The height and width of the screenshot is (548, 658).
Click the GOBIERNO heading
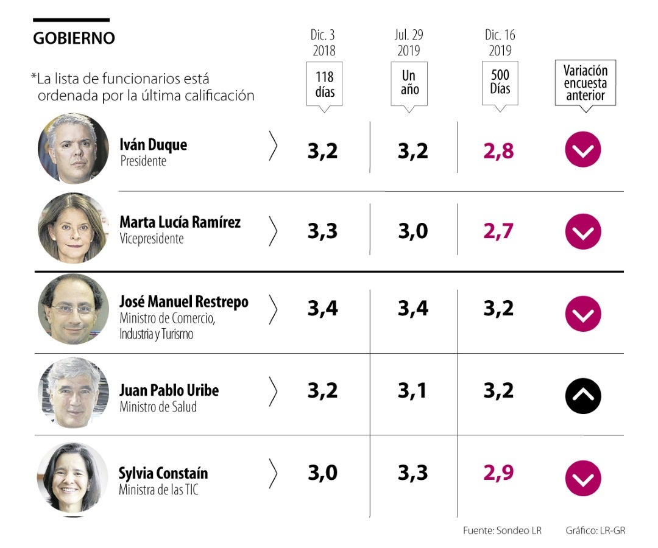click(74, 38)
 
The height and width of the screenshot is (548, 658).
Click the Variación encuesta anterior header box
click(585, 83)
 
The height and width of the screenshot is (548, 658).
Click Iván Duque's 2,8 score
click(498, 151)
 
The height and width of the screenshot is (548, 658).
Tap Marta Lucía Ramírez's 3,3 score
click(322, 231)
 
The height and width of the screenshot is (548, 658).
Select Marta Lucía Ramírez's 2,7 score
click(498, 231)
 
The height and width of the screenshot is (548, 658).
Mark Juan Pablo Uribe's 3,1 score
click(412, 391)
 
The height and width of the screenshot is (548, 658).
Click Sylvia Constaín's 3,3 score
click(412, 472)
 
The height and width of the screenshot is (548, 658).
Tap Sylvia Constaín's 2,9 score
click(498, 472)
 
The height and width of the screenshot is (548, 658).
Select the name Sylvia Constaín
click(163, 472)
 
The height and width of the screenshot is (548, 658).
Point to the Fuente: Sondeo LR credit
click(502, 530)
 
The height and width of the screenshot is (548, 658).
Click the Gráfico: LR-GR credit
click(595, 530)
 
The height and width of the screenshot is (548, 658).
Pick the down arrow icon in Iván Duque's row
click(583, 149)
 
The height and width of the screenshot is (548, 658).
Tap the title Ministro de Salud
click(158, 407)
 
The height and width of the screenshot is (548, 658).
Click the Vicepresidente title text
click(151, 239)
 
